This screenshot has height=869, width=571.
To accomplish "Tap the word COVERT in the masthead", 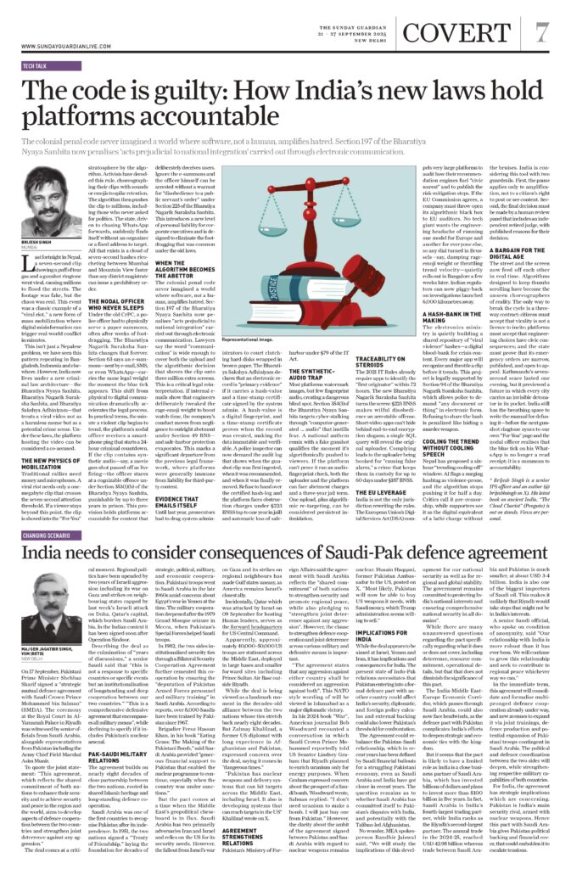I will pyautogui.click(x=472, y=31).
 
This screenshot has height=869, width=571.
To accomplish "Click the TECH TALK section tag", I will pyautogui.click(x=36, y=64).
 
